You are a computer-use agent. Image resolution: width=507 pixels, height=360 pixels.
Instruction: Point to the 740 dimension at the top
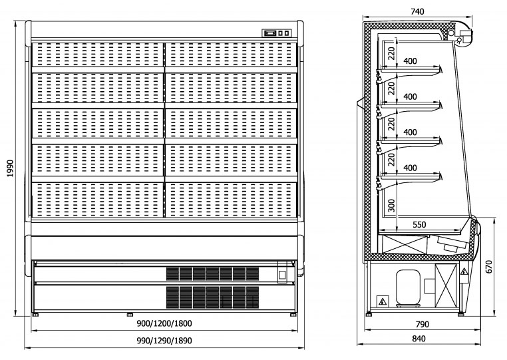[x=417, y=11]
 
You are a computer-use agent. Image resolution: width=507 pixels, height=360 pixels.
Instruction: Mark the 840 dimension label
[x=419, y=339]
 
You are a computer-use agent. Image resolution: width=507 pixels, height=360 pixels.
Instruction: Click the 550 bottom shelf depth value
[x=419, y=225]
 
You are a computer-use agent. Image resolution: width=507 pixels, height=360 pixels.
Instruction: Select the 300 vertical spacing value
[x=392, y=206]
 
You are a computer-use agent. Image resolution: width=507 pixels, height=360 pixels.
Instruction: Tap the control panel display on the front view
[x=277, y=33]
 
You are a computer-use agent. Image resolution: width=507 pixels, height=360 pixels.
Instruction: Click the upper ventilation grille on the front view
[x=212, y=273]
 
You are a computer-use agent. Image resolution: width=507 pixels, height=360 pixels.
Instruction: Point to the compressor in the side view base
[x=407, y=287]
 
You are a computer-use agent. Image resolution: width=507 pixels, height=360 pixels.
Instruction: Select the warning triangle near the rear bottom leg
[x=383, y=301]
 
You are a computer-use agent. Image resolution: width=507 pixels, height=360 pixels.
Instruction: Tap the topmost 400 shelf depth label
[x=411, y=61]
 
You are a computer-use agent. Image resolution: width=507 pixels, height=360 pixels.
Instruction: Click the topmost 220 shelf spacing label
[x=392, y=51]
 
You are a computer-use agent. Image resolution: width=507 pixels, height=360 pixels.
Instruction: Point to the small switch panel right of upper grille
[x=281, y=273]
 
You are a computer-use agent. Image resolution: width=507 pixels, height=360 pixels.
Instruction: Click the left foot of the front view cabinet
[x=36, y=313]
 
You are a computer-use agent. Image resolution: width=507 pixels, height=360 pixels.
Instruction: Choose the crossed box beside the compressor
[x=444, y=287]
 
